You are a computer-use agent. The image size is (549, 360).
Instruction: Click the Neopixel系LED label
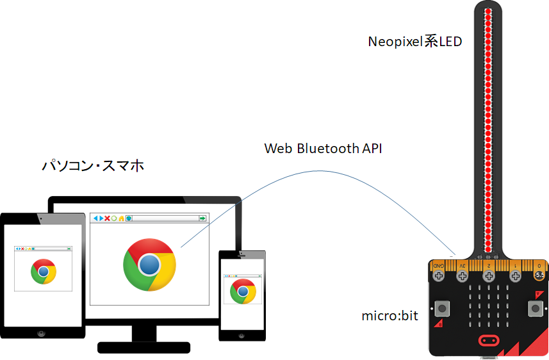[x=414, y=42]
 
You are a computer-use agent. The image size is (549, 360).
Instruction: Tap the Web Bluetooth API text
[x=324, y=149]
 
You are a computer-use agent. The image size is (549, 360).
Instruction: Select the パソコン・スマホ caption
[x=93, y=166]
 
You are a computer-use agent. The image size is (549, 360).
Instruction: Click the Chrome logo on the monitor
[x=149, y=264]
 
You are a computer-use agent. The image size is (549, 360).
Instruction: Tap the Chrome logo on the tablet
[x=43, y=272]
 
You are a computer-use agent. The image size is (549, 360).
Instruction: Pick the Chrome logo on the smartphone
[x=243, y=291]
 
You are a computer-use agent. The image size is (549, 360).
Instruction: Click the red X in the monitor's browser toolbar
[x=107, y=218]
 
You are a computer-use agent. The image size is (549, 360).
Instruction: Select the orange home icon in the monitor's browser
[x=121, y=218]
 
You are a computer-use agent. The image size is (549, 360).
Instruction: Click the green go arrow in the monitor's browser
[x=202, y=218]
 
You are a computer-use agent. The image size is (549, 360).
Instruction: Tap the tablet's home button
[x=42, y=334]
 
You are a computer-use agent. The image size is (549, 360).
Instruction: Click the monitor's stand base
[x=143, y=347]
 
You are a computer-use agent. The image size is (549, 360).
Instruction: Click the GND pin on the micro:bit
[x=439, y=275]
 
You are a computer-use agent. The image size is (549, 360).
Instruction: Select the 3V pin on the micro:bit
[x=462, y=275]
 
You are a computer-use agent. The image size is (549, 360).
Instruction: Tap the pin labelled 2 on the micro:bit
[x=489, y=275]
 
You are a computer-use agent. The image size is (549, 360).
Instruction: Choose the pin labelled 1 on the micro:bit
[x=515, y=275]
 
